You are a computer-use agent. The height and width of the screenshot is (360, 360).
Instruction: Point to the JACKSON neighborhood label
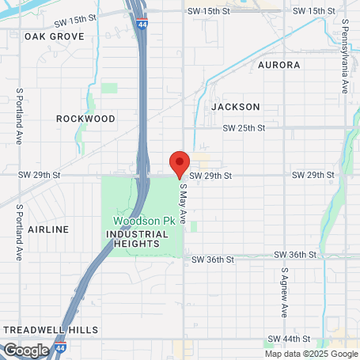coord(236,106)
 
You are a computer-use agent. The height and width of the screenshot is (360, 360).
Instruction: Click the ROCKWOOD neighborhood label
coord(85,119)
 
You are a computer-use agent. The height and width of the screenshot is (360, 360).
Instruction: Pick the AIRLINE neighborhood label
coord(49,229)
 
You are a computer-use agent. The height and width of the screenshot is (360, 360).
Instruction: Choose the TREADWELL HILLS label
coord(51,329)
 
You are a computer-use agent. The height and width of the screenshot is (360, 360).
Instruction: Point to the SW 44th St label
coord(304,339)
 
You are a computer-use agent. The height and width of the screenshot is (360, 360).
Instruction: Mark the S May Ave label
coord(184,203)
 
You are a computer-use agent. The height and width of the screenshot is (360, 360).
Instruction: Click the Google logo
coord(26,350)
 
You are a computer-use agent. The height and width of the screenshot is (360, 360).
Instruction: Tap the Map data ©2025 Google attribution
coord(310,354)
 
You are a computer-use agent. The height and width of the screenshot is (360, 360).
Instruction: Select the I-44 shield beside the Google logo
coord(62,347)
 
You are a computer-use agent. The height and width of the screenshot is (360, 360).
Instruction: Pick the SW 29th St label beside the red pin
coord(210,175)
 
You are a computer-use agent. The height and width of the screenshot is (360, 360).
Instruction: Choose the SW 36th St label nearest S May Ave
coord(214,260)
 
